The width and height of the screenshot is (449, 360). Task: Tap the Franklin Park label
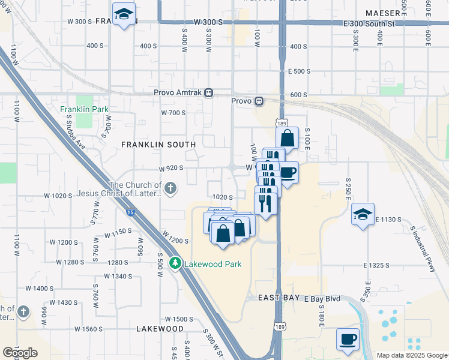point(84,110)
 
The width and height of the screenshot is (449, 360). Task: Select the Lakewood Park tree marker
point(175,263)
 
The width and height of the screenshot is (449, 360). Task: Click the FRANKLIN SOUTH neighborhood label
point(158,145)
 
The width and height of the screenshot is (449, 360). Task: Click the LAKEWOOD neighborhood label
point(160,329)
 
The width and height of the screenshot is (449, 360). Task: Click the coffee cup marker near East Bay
point(348,339)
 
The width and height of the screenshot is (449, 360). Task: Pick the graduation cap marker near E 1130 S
point(363,214)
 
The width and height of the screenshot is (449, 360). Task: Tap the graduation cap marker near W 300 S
point(124,14)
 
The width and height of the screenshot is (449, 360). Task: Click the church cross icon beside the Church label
point(170,189)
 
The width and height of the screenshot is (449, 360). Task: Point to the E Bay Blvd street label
point(322,298)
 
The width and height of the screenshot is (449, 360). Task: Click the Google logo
point(20,353)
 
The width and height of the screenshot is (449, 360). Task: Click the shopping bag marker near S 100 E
point(288,137)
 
